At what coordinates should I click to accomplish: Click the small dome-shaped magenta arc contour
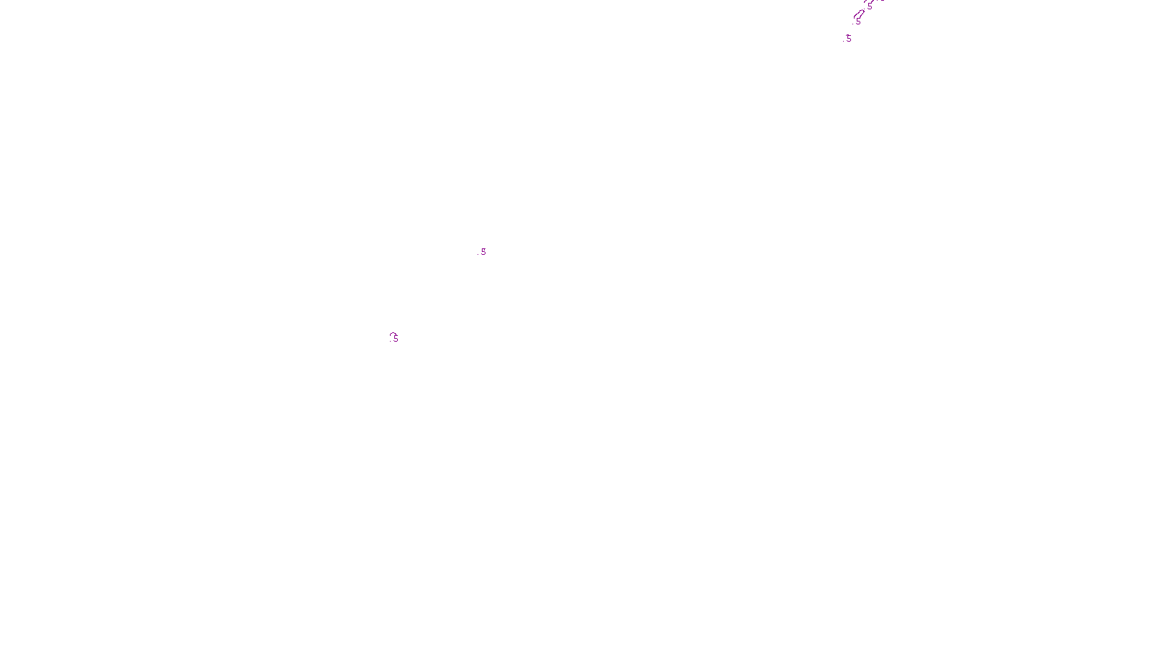click(393, 334)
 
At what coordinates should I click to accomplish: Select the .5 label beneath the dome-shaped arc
click(394, 339)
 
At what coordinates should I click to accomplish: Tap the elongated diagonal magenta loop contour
click(859, 14)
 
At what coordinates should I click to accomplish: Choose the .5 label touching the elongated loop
click(857, 22)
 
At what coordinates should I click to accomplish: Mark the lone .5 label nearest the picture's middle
click(483, 252)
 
